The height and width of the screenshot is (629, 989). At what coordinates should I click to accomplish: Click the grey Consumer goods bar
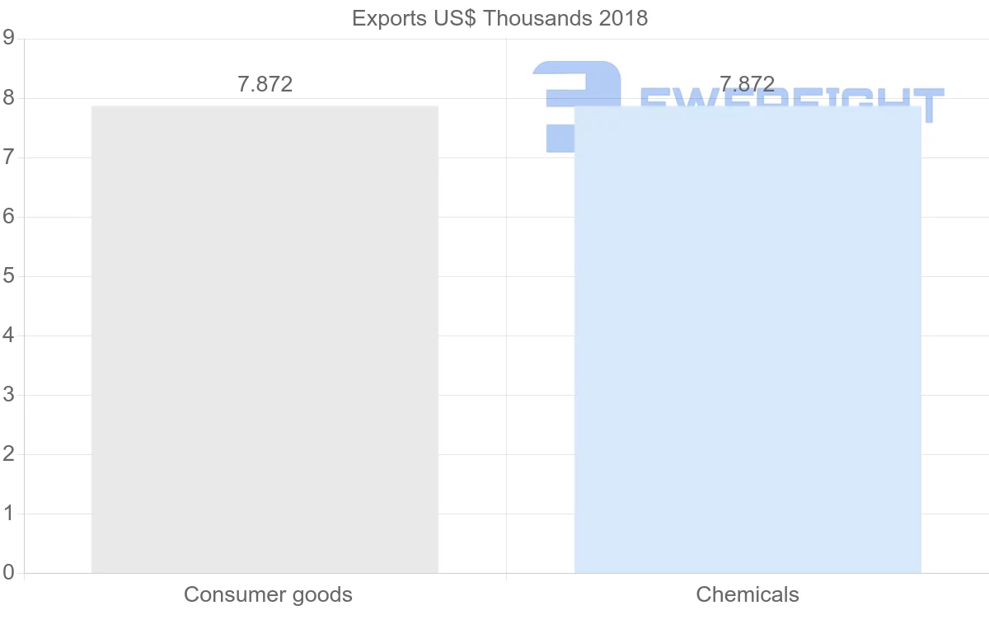click(x=265, y=339)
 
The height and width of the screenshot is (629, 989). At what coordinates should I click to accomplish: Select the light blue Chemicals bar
click(x=747, y=339)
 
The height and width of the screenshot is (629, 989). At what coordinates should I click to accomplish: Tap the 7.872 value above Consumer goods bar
click(x=265, y=84)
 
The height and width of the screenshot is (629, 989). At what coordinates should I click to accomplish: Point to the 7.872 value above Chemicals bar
click(x=747, y=84)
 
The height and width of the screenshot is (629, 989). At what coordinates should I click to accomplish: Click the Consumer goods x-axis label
click(x=268, y=594)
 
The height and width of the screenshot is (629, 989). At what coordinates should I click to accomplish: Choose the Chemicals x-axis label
click(x=748, y=594)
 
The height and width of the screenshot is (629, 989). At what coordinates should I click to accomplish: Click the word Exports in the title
click(x=384, y=18)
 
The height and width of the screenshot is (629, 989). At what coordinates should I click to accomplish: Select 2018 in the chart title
click(x=623, y=18)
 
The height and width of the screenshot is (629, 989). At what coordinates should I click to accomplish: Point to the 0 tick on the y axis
click(x=8, y=573)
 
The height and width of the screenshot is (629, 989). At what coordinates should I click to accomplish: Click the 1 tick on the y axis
click(x=8, y=514)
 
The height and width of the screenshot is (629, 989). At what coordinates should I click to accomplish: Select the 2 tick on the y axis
click(x=8, y=454)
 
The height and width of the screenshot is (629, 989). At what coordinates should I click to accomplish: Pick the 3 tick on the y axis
click(x=8, y=395)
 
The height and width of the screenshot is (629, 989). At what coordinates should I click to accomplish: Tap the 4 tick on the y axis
click(x=8, y=336)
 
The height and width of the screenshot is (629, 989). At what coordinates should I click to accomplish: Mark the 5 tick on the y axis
click(x=8, y=276)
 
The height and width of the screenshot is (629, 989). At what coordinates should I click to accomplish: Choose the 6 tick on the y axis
click(x=8, y=217)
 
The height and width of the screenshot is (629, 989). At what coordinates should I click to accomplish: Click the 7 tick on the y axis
click(x=8, y=157)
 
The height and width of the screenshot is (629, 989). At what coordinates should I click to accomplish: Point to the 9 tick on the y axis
click(x=8, y=38)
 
